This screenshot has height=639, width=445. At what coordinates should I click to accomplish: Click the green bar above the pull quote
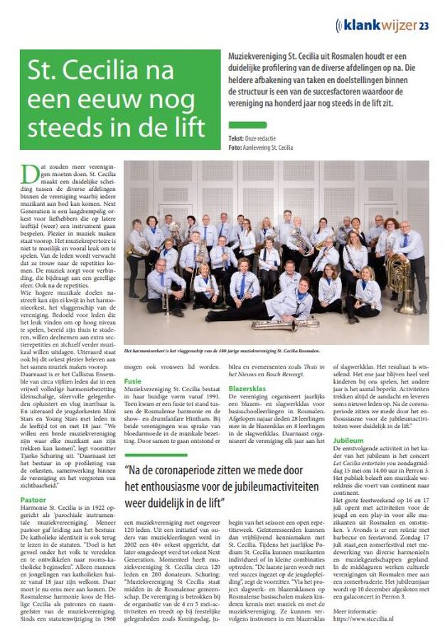pyautogui.click(x=156, y=455)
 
